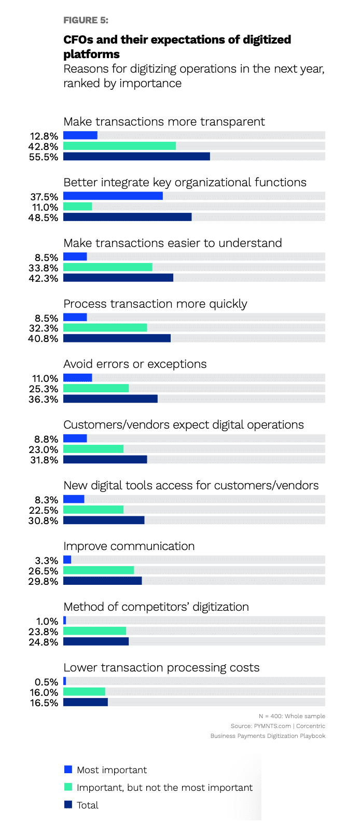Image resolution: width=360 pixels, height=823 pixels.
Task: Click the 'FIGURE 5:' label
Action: (86, 20)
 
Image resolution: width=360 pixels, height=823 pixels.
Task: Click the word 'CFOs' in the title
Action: (78, 40)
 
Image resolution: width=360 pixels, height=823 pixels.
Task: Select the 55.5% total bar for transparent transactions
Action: (136, 156)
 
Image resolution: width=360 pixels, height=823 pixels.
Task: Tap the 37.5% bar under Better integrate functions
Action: (113, 196)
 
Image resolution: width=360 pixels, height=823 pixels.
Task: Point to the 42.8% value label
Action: (44, 146)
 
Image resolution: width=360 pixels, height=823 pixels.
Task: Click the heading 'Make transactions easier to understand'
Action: (172, 243)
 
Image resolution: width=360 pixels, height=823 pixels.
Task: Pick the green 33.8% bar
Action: (108, 267)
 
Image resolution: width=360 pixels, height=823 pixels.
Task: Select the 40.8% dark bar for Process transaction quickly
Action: (117, 338)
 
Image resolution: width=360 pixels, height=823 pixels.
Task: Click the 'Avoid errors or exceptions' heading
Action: (135, 364)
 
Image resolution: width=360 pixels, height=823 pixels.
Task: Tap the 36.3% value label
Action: (44, 399)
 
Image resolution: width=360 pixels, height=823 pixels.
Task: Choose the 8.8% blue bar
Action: (75, 438)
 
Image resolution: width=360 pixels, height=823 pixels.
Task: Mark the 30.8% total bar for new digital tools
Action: (104, 520)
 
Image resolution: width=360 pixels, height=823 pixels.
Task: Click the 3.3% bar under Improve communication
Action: (67, 560)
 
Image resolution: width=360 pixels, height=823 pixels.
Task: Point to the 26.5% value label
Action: (44, 571)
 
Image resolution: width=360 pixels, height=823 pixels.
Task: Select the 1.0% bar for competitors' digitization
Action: (65, 621)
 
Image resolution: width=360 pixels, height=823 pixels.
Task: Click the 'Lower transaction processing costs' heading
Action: (161, 667)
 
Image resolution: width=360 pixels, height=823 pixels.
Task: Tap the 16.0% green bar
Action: (84, 692)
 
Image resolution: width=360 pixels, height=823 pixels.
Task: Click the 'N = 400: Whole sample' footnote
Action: (292, 716)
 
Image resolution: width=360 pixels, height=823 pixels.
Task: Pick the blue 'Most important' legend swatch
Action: (68, 769)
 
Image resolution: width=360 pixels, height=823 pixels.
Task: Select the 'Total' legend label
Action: (88, 805)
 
